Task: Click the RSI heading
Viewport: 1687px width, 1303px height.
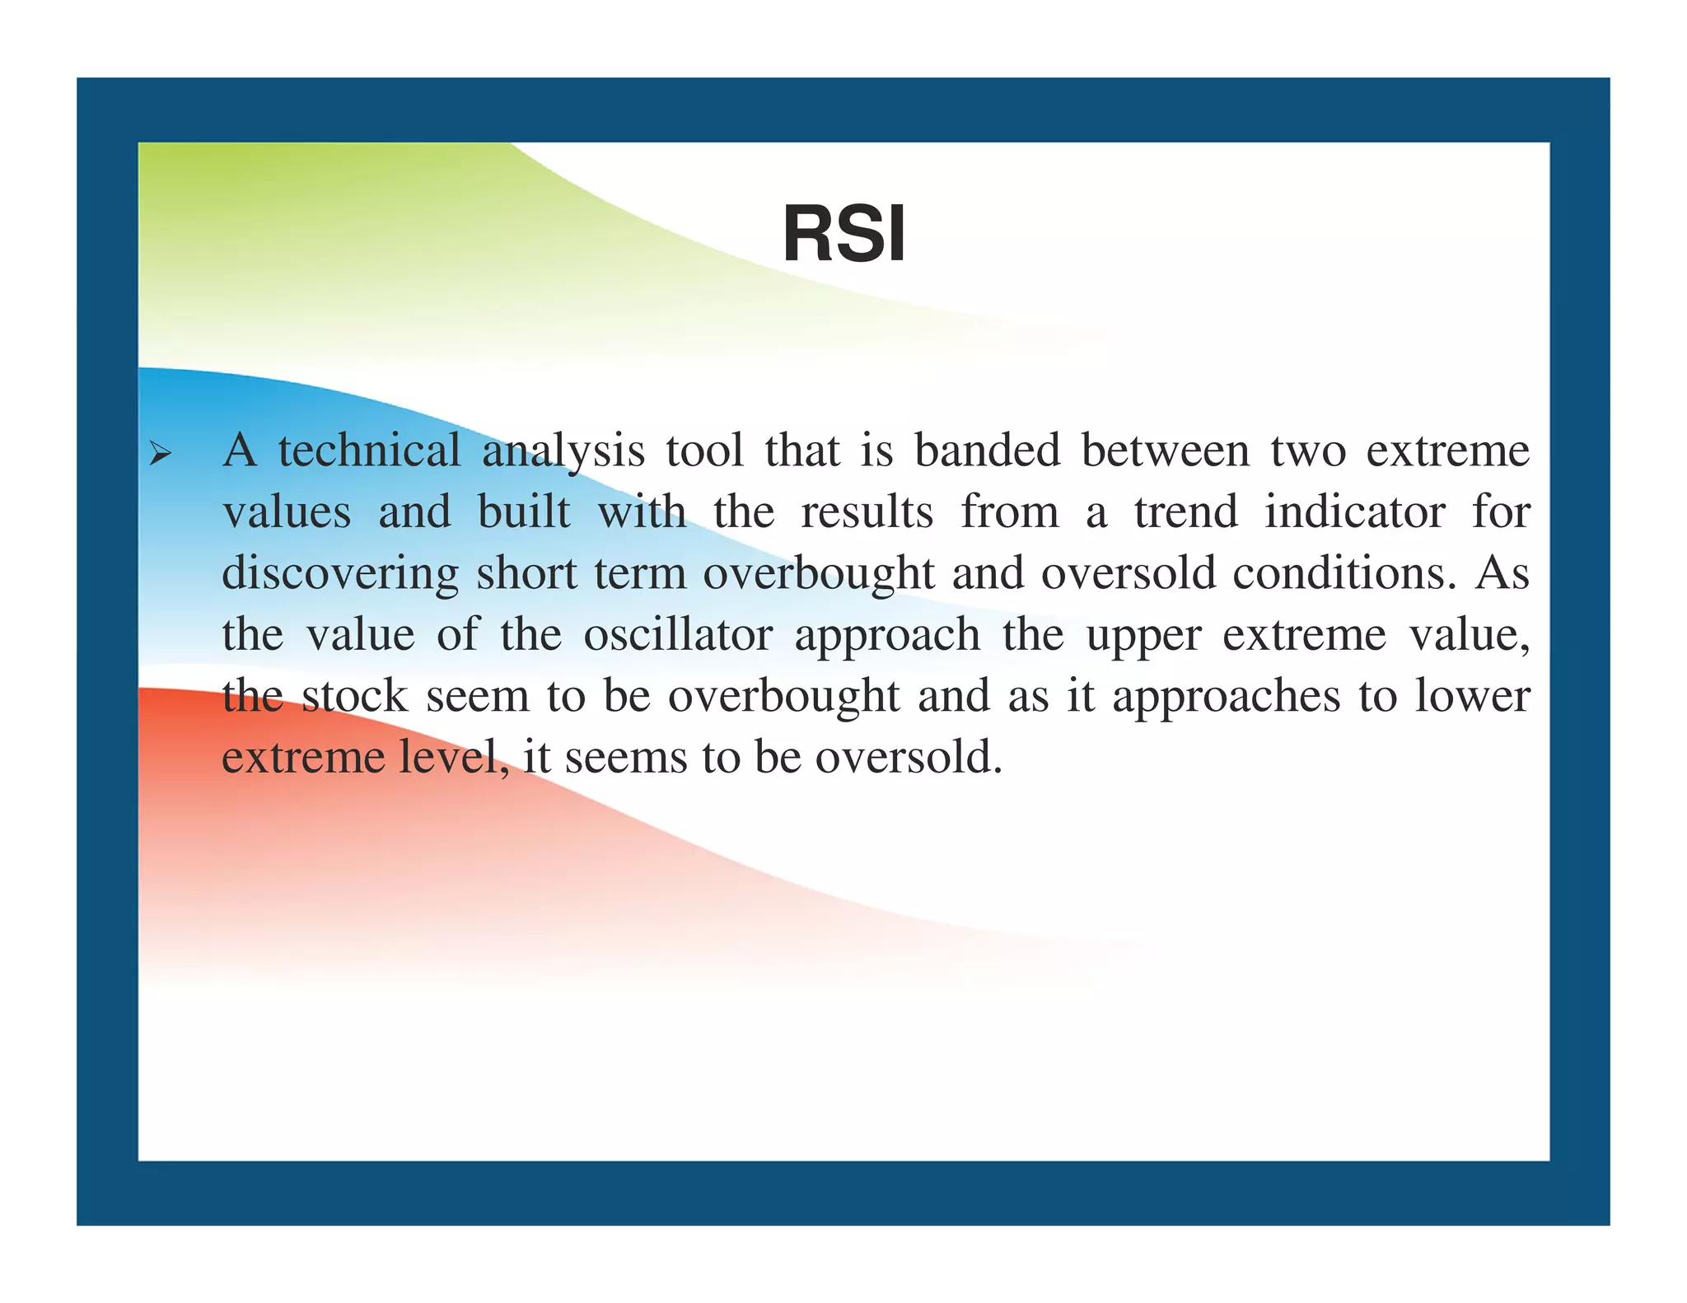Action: coord(843,234)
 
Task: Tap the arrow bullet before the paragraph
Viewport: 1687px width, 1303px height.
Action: coord(160,453)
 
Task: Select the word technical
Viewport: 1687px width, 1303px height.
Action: coord(369,451)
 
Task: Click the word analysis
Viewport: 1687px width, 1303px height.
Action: coord(563,452)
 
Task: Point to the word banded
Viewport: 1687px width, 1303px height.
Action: coord(987,451)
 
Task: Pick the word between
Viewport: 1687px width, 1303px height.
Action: coord(1166,451)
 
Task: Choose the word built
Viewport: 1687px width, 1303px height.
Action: coord(524,511)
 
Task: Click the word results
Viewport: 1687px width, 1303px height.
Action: coord(867,511)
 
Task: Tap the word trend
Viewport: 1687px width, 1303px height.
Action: coord(1185,511)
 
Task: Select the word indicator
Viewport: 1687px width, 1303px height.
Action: coord(1354,511)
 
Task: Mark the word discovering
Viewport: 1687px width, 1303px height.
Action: coord(340,573)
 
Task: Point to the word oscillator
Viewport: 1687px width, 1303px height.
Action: coord(678,634)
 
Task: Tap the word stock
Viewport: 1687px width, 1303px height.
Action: coord(354,696)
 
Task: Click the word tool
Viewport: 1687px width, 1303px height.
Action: coord(704,451)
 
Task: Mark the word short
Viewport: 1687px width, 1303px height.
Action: coord(526,572)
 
